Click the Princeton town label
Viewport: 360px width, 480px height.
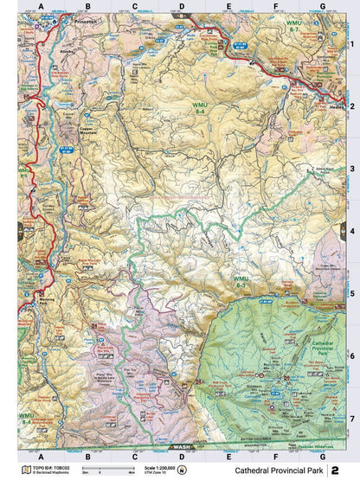coord(87,18)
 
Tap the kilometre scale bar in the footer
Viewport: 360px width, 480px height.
coord(108,471)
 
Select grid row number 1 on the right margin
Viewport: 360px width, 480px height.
coord(351,42)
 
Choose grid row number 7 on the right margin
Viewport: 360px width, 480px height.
coord(351,417)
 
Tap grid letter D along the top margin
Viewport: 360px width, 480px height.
coord(180,6)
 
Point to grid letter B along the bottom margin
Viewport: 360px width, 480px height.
coord(87,456)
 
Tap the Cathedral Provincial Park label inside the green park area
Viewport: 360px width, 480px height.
coord(303,347)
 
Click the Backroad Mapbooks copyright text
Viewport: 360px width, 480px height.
coord(43,472)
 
